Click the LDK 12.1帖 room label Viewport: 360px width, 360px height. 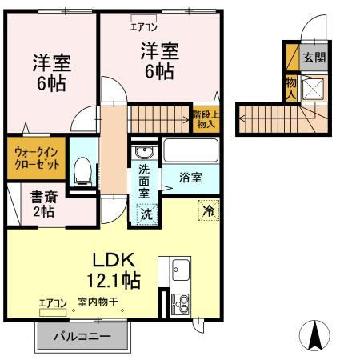(115, 270)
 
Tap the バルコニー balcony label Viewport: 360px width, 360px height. (82, 336)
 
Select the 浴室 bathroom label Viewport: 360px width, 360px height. (190, 176)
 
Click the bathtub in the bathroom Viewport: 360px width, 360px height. (190, 150)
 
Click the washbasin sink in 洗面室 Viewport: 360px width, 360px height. (144, 153)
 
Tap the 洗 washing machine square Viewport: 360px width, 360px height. (146, 214)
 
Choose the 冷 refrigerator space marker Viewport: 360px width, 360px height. (208, 212)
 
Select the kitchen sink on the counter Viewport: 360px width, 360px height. (178, 268)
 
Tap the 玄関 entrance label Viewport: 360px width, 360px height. (314, 58)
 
